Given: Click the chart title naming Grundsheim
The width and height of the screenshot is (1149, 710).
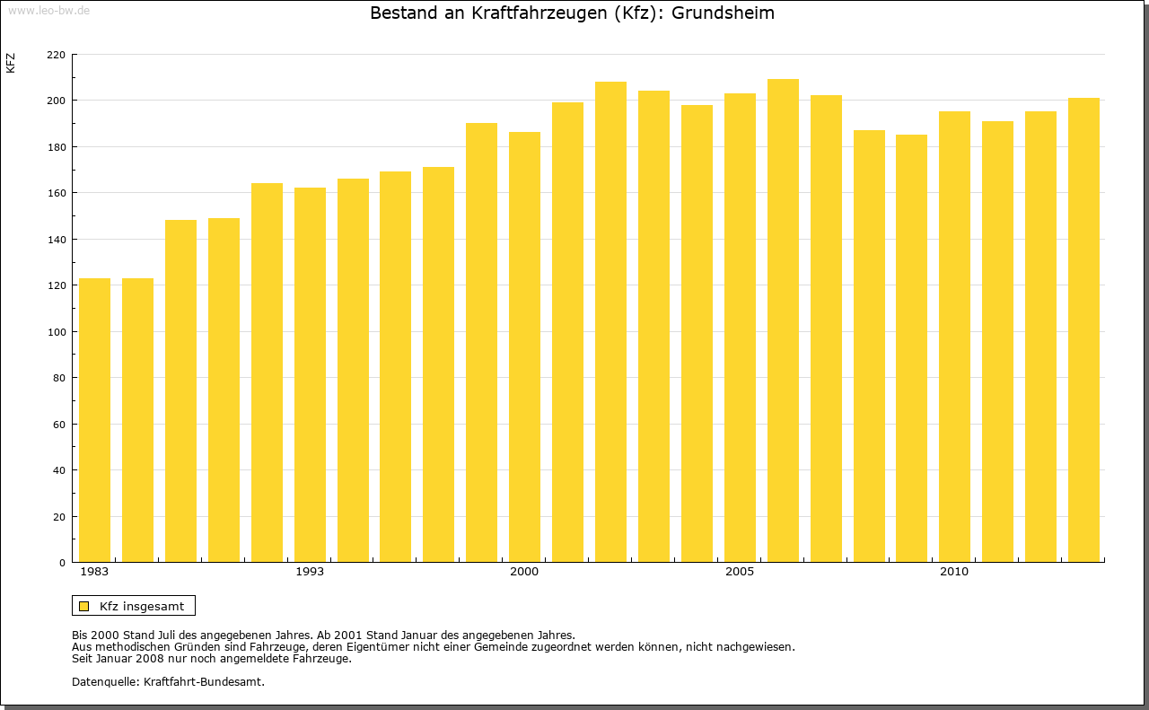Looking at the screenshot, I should point(572,13).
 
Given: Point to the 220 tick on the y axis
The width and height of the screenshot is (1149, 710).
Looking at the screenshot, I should point(56,55).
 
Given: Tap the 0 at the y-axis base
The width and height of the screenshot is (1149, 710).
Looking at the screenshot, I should point(62,563).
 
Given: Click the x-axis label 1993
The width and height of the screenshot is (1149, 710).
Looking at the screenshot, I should point(310,572).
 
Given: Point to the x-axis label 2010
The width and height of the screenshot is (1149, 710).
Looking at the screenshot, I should point(954,572).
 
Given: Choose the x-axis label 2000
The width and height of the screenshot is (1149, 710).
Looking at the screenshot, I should point(524,572).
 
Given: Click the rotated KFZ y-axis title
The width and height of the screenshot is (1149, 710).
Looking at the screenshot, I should point(11,63).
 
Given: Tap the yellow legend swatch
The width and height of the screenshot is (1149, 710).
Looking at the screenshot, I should point(84,606).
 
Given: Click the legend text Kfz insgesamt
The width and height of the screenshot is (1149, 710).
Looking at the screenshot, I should point(142,606).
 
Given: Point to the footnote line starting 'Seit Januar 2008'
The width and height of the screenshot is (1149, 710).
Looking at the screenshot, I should point(211,658).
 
